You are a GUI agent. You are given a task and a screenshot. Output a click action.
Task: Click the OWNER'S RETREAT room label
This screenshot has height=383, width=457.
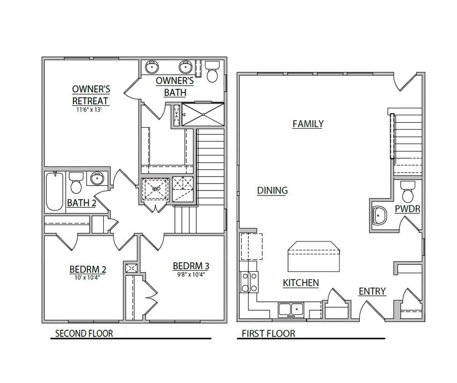[91, 95]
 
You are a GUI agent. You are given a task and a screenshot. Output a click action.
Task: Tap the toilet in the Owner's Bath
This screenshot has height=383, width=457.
[213, 72]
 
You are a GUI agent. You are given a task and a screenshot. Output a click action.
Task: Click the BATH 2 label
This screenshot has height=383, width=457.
[81, 203]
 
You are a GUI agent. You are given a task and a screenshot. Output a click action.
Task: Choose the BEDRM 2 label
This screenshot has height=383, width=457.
[88, 270]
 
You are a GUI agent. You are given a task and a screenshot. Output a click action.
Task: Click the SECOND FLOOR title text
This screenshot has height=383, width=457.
[84, 334]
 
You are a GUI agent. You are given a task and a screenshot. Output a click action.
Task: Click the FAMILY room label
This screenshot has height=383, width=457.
[308, 124]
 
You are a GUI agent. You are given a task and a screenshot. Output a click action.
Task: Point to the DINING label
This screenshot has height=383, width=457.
[272, 191]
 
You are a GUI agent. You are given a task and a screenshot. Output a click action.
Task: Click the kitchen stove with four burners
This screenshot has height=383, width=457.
[249, 282]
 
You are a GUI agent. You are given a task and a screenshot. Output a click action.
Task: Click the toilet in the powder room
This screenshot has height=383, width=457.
[408, 191]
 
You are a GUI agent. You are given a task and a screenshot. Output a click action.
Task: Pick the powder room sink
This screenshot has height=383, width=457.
[380, 216]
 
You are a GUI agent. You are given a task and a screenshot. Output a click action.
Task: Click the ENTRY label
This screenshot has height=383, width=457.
[372, 291]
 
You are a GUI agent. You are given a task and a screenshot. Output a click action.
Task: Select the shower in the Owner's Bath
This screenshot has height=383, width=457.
[202, 115]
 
